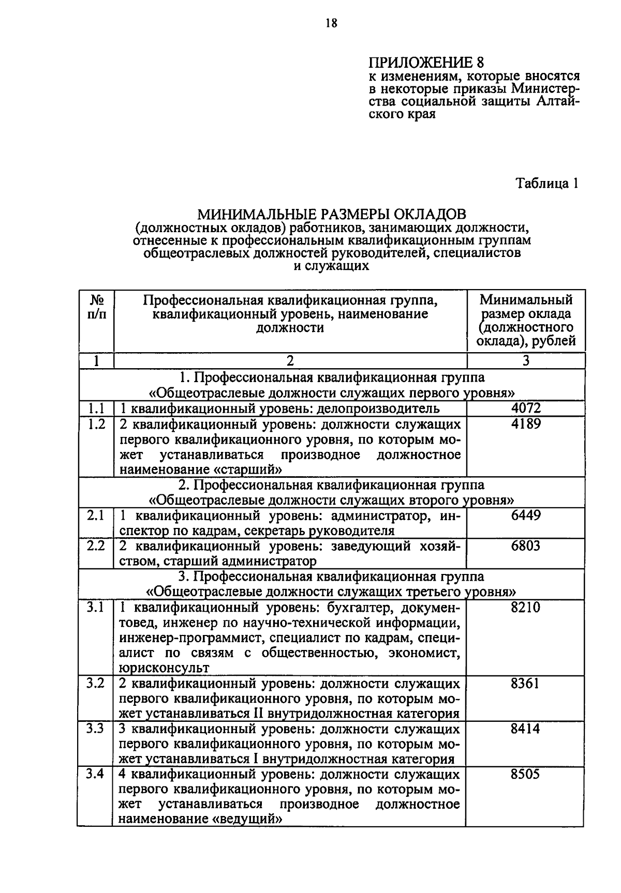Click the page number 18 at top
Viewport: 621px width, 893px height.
click(332, 23)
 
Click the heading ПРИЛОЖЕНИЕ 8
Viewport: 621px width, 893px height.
click(426, 63)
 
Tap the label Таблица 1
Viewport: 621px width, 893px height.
click(546, 183)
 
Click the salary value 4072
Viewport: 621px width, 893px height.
click(526, 408)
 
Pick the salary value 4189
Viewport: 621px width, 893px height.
click(526, 424)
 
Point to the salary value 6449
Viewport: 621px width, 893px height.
click(526, 516)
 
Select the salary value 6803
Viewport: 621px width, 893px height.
click(526, 546)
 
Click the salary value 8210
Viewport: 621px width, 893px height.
click(526, 607)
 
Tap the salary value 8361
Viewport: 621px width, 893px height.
click(526, 684)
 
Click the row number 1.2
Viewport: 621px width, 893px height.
click(96, 424)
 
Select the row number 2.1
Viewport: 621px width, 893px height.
click(96, 516)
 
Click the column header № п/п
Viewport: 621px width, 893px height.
click(96, 307)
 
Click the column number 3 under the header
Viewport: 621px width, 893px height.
click(526, 360)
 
